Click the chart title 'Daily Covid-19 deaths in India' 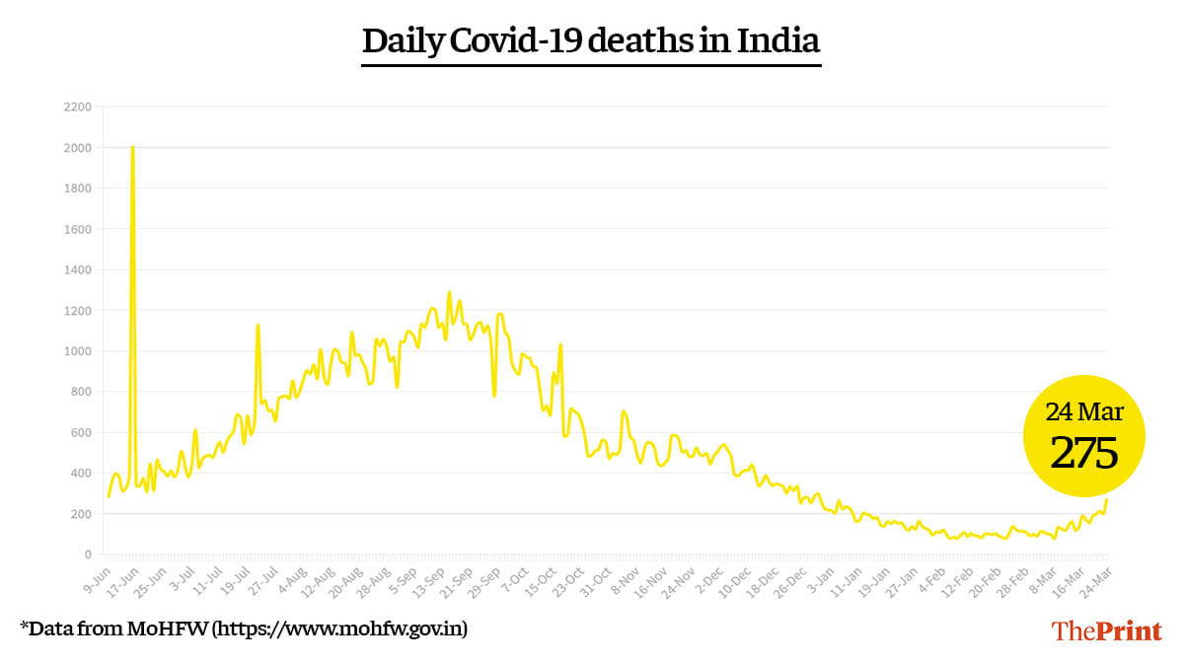591,42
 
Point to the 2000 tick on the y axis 78,148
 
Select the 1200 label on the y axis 78,311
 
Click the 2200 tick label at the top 78,107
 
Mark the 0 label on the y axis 87,555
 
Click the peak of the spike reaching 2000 132,148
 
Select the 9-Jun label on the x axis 96,578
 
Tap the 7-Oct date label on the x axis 515,578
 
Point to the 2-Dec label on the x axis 708,578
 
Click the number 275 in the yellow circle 1083,453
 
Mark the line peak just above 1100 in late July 258,326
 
